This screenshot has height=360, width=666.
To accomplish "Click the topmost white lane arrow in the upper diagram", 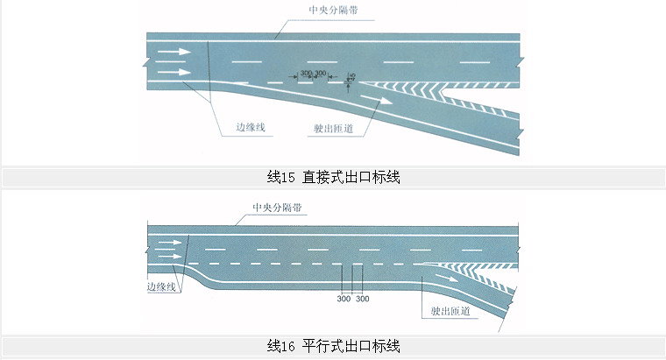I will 174,53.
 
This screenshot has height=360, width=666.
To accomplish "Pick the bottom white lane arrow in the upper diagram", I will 174,72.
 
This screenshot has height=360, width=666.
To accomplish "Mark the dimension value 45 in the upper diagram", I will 351,77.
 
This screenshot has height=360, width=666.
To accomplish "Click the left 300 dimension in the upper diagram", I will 306,72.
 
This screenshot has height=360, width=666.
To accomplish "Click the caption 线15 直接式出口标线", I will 332,177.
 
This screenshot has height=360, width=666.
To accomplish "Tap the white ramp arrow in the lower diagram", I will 443,279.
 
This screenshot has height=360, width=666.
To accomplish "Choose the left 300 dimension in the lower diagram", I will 344,300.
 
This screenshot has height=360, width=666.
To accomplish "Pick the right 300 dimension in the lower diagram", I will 362,300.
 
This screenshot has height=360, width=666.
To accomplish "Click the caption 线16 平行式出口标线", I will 332,344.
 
